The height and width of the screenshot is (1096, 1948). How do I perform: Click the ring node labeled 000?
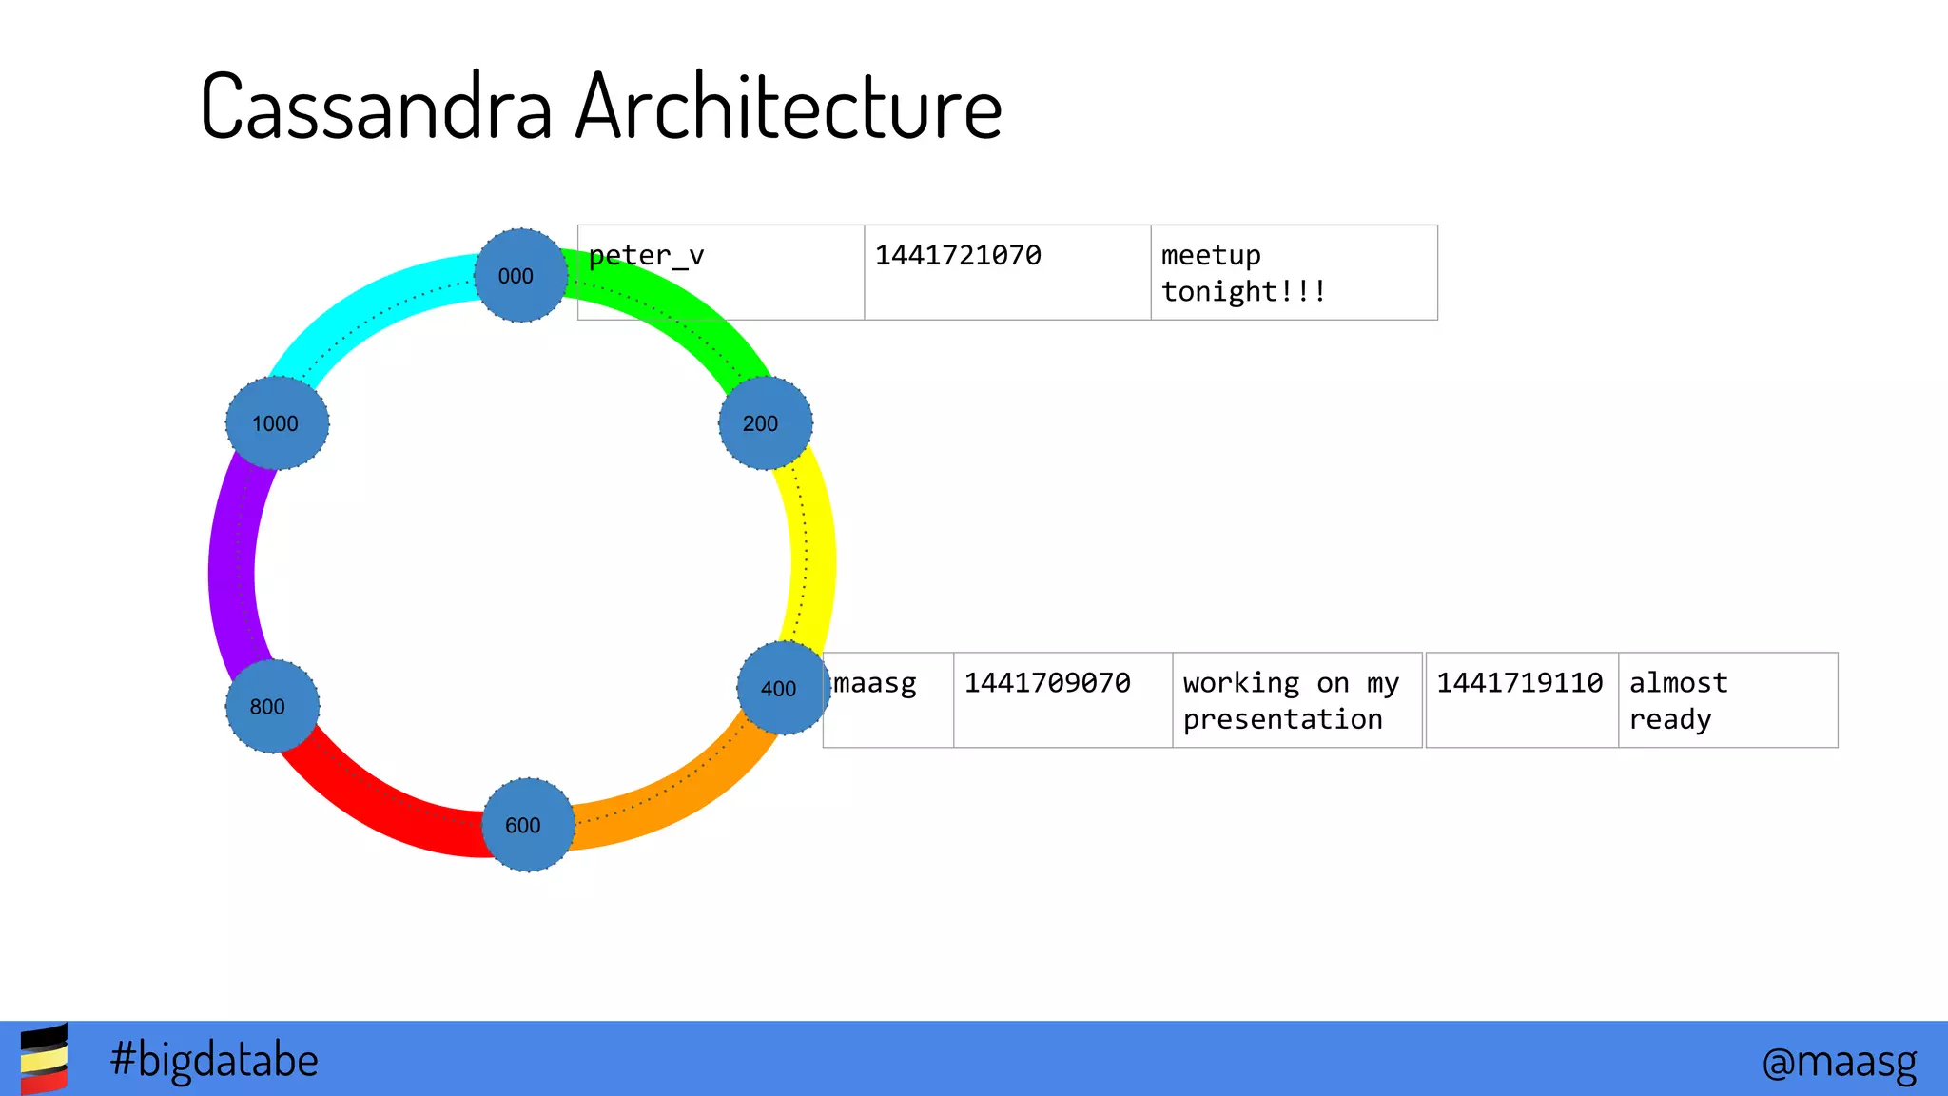pyautogui.click(x=520, y=275)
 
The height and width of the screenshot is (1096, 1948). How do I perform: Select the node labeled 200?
pyautogui.click(x=765, y=422)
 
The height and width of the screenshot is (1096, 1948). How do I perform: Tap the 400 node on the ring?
pyautogui.click(x=783, y=688)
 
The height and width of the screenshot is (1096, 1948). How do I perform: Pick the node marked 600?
pyautogui.click(x=528, y=824)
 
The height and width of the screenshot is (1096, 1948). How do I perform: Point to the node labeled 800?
pyautogui.click(x=272, y=706)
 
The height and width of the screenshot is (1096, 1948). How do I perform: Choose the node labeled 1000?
pyautogui.click(x=277, y=422)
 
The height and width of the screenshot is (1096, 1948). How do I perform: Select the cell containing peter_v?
pyautogui.click(x=721, y=272)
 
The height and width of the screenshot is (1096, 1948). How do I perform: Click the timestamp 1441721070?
pyautogui.click(x=1006, y=272)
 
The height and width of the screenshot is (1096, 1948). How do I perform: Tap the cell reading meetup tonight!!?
pyautogui.click(x=1294, y=272)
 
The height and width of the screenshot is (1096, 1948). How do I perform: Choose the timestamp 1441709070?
pyautogui.click(x=1062, y=699)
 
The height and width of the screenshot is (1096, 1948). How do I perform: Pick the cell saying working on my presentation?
pyautogui.click(x=1295, y=700)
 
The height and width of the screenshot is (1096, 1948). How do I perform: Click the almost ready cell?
pyautogui.click(x=1726, y=700)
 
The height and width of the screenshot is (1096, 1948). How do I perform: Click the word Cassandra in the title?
pyautogui.click(x=377, y=107)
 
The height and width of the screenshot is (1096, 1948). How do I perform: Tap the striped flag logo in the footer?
pyautogui.click(x=44, y=1058)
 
